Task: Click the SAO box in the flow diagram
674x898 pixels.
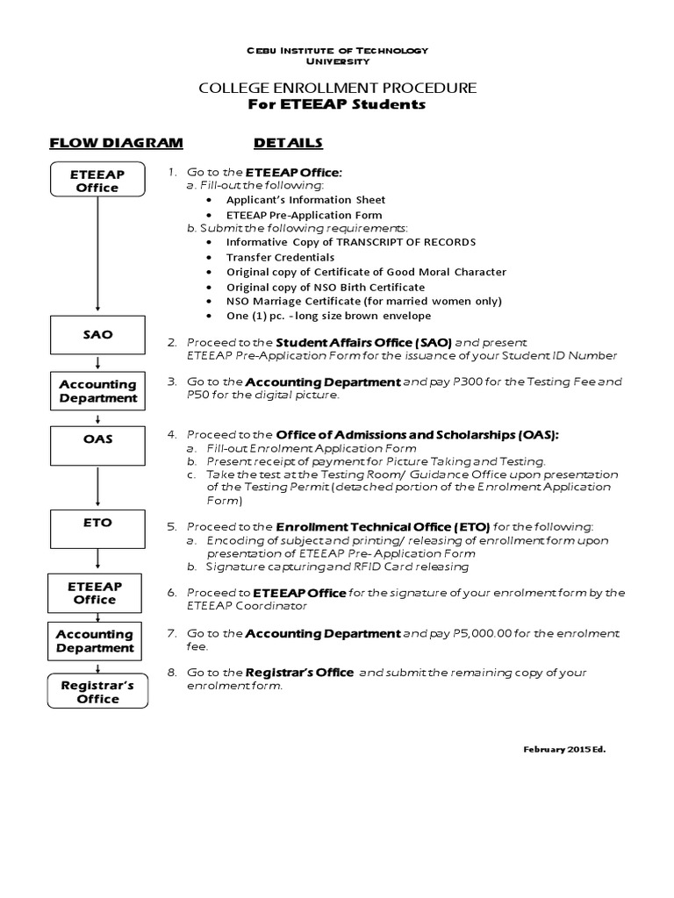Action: click(x=97, y=335)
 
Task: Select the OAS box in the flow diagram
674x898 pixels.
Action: click(x=97, y=438)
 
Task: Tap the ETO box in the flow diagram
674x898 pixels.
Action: click(x=97, y=523)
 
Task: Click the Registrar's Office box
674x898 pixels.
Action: click(x=97, y=692)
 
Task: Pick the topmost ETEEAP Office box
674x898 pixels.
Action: click(x=97, y=181)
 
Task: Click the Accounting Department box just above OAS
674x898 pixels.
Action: click(x=97, y=391)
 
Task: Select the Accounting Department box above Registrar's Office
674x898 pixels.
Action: click(x=97, y=641)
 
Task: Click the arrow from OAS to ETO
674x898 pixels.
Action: click(x=97, y=478)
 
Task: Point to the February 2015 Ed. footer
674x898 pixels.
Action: click(x=564, y=751)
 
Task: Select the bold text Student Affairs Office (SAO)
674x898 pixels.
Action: click(x=363, y=342)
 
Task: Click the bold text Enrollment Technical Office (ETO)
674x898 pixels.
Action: click(x=383, y=526)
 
